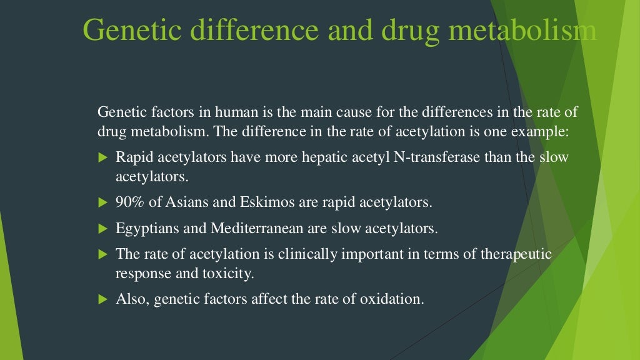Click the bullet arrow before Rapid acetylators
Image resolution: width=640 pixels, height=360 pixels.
click(x=104, y=157)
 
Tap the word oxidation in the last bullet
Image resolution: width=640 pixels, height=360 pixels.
click(x=391, y=299)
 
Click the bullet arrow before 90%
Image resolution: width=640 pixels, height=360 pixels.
click(x=104, y=203)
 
